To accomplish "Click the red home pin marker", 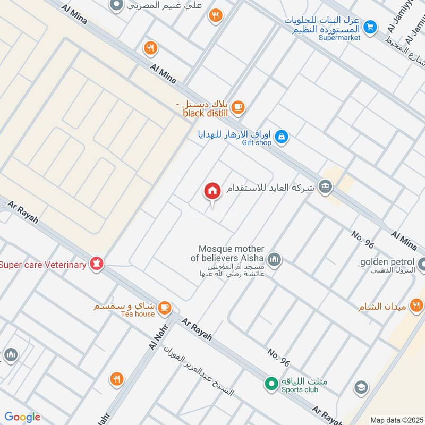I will [212, 191].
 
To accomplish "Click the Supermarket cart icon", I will [370, 26].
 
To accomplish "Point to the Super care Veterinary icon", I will [96, 263].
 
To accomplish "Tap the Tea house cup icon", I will [165, 307].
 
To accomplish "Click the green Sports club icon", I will [271, 382].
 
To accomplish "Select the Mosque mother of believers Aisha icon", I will [274, 259].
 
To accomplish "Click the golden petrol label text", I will [387, 261].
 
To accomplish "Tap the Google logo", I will [22, 417].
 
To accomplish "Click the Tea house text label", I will [137, 314].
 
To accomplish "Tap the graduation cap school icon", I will [361, 387].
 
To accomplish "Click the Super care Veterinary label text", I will [44, 265].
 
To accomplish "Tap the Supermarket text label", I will [339, 37].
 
